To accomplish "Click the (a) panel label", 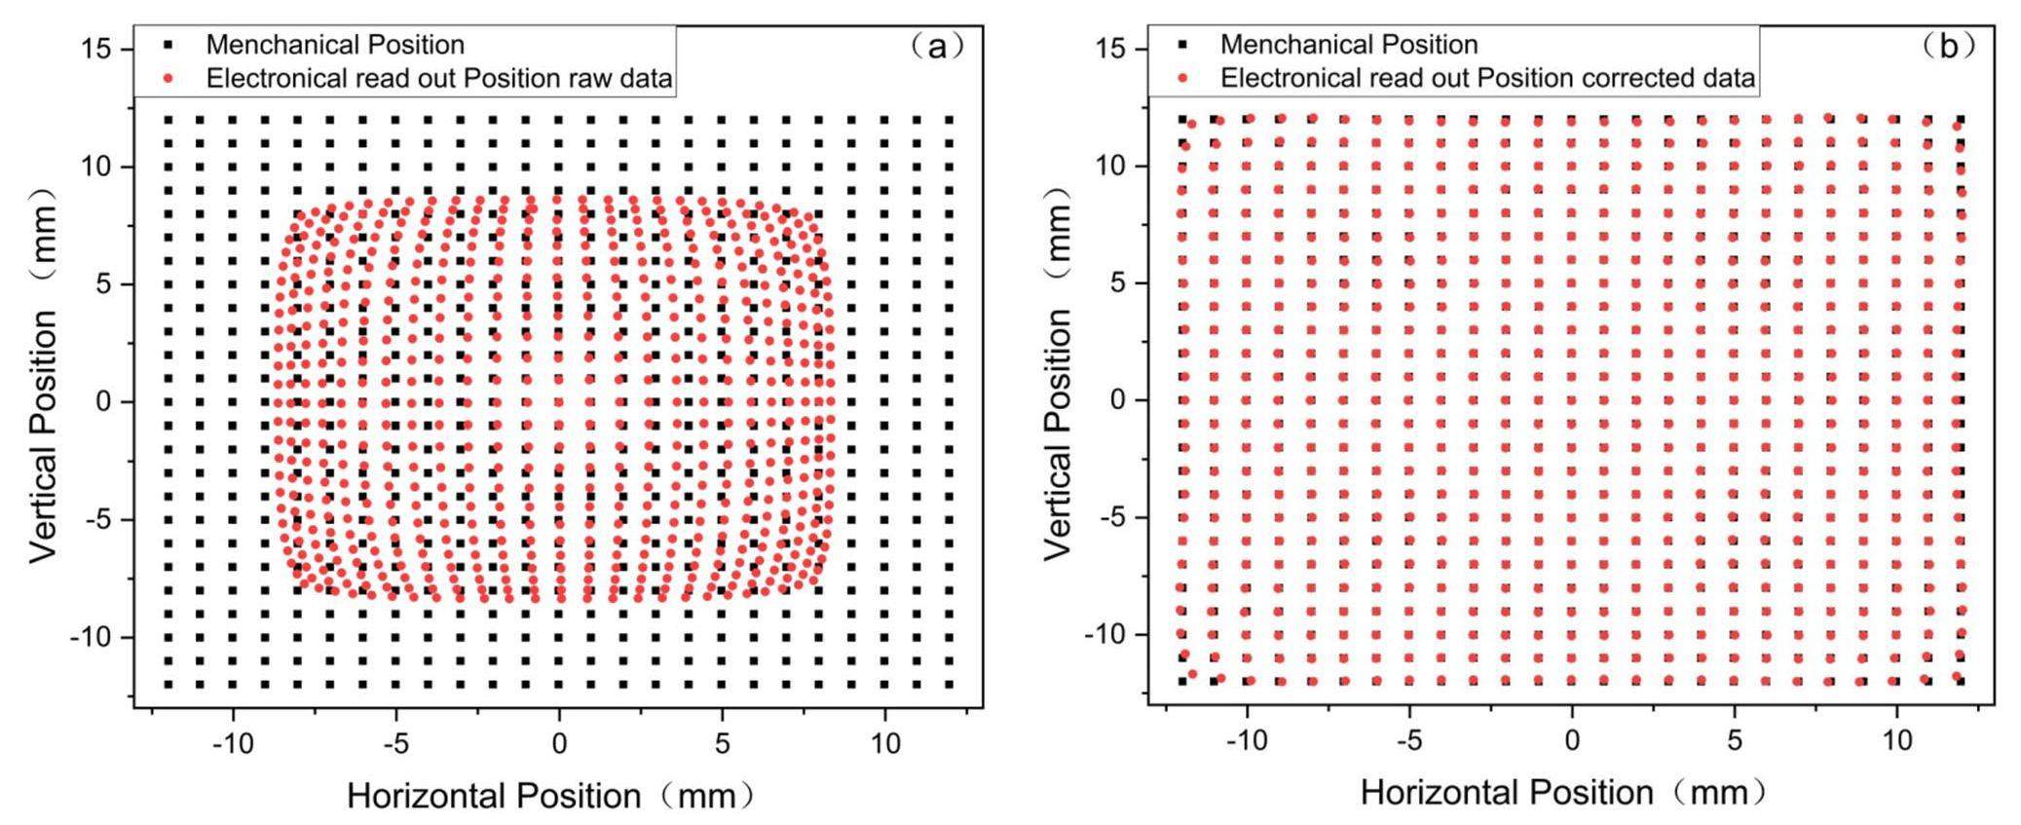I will pyautogui.click(x=937, y=45).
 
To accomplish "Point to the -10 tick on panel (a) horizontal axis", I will pyautogui.click(x=233, y=743).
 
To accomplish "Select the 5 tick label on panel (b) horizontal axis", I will pyautogui.click(x=1735, y=739).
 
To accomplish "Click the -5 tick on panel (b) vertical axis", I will pyautogui.click(x=1111, y=517).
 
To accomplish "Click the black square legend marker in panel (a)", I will pyautogui.click(x=168, y=45).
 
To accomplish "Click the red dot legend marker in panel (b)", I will pyautogui.click(x=1182, y=78).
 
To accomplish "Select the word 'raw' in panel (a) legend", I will pyautogui.click(x=588, y=78).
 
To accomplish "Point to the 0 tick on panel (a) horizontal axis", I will pyautogui.click(x=558, y=743).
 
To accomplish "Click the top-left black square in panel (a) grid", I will pyautogui.click(x=168, y=120).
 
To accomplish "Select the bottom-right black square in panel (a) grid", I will pyautogui.click(x=950, y=684).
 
